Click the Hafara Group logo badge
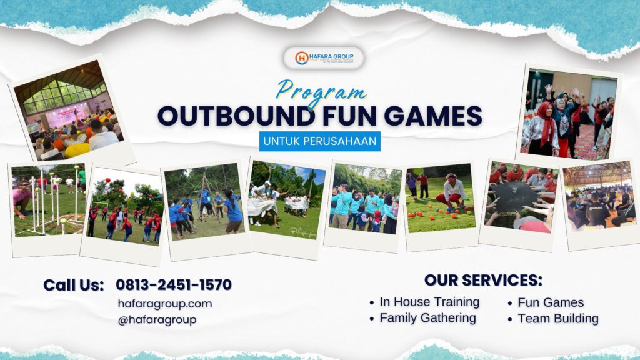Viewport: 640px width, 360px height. pos(323,58)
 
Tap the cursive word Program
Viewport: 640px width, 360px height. pos(321,91)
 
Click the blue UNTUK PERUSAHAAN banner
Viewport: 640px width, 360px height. pos(320,141)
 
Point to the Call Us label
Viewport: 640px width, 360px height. pos(73,285)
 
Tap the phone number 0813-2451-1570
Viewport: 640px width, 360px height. pos(173,285)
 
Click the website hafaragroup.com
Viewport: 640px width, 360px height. pos(164,304)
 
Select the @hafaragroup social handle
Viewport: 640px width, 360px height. pos(157,320)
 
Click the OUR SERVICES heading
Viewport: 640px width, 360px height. pos(483,280)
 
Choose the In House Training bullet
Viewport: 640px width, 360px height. pos(429,302)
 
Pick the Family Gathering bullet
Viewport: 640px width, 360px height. pos(427,318)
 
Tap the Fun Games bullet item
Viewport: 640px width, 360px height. pos(550,302)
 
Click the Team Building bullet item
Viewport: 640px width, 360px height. pos(557,319)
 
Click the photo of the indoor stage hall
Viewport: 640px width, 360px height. pos(70,109)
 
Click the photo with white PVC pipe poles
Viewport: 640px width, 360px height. pos(47,200)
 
